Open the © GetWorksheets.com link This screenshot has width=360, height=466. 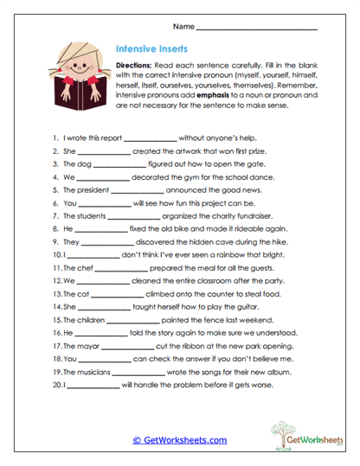point(179,440)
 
